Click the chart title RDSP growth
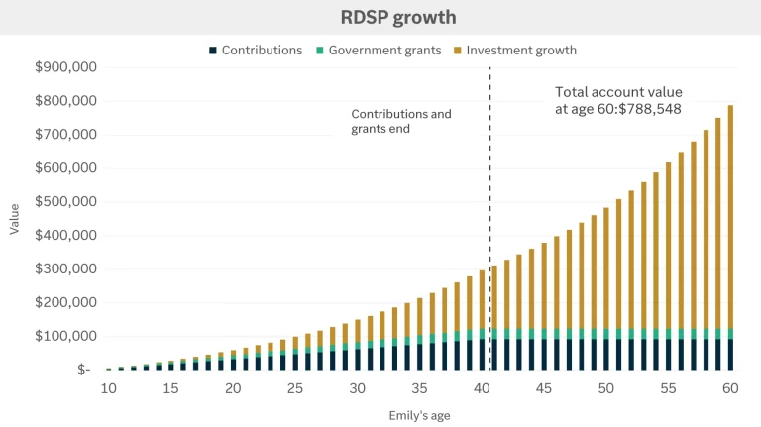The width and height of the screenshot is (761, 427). [380, 17]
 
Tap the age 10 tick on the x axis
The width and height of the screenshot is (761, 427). [109, 388]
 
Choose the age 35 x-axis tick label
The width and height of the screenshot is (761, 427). [420, 388]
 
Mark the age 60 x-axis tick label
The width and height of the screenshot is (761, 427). [730, 388]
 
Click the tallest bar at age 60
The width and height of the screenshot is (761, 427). [730, 238]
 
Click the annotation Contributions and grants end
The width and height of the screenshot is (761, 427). [400, 121]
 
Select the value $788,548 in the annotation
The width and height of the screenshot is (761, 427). [648, 109]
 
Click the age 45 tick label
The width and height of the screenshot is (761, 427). [544, 388]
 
